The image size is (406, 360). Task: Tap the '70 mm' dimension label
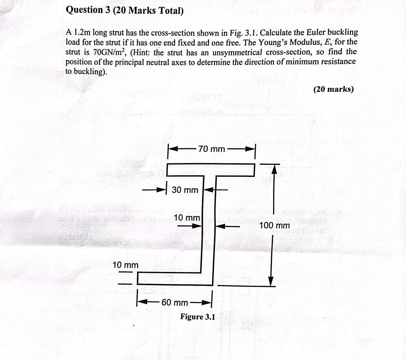tap(211, 149)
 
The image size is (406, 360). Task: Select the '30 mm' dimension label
tap(185, 190)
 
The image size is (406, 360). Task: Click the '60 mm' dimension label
tap(174, 303)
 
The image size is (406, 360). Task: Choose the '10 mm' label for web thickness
tap(187, 218)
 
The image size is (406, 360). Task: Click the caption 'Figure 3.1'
tap(197, 316)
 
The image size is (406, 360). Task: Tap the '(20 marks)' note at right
tap(333, 89)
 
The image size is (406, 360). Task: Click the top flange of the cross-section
tap(211, 170)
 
